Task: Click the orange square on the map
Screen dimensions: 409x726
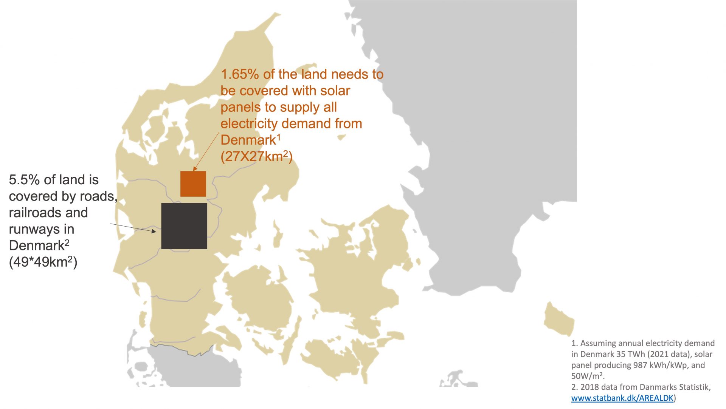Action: click(193, 184)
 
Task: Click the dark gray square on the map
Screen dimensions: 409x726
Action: click(184, 226)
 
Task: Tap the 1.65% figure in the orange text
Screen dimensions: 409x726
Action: click(240, 74)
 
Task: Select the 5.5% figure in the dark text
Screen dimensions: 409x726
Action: click(24, 180)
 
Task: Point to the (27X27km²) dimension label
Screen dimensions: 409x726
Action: click(256, 156)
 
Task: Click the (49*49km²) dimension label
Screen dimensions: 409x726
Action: click(43, 262)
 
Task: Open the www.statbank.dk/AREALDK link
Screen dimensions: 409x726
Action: click(622, 398)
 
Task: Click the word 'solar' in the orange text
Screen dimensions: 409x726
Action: click(335, 91)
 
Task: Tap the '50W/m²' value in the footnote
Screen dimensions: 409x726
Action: click(587, 376)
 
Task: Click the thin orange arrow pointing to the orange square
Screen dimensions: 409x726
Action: click(206, 151)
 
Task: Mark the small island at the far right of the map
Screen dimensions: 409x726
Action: click(558, 319)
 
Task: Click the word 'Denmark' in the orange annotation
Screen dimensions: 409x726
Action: click(248, 140)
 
